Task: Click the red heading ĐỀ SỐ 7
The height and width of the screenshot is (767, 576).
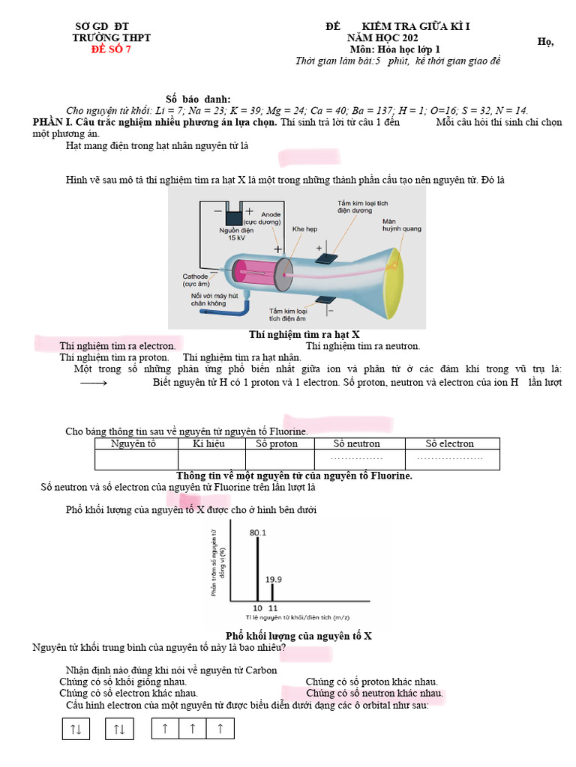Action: pyautogui.click(x=110, y=49)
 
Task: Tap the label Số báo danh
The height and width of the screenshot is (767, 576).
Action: pyautogui.click(x=198, y=100)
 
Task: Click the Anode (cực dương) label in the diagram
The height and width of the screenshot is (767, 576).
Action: pyautogui.click(x=271, y=218)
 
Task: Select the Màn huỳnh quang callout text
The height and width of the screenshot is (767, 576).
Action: pyautogui.click(x=401, y=225)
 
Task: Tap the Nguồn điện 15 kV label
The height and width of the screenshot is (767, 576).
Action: pyautogui.click(x=232, y=234)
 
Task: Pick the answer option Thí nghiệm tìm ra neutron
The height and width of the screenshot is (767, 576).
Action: pyautogui.click(x=363, y=346)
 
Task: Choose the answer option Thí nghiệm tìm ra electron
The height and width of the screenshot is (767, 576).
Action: pyautogui.click(x=118, y=346)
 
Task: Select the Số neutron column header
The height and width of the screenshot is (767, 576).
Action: pyautogui.click(x=356, y=443)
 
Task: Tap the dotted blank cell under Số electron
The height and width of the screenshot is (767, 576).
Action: pyautogui.click(x=451, y=458)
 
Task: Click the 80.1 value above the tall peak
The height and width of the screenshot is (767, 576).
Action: pyautogui.click(x=258, y=533)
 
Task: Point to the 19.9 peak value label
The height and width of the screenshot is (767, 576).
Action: pyautogui.click(x=274, y=579)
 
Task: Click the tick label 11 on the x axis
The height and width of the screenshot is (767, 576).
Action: pyautogui.click(x=273, y=608)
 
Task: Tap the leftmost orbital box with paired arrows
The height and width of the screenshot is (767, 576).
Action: pyautogui.click(x=76, y=728)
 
